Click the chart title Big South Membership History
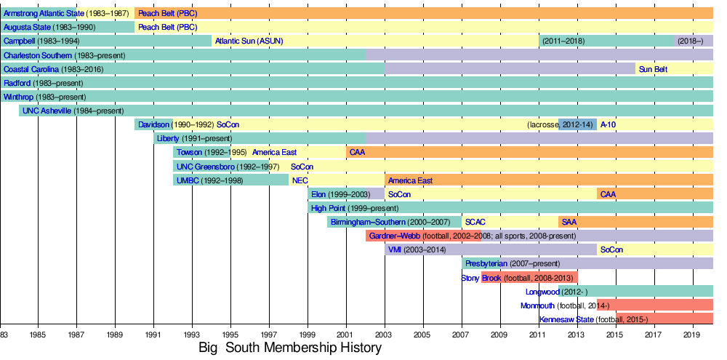pos(290,348)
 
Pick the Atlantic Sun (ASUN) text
pos(245,41)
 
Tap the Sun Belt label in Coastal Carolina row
pos(653,69)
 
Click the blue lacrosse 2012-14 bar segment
pos(577,124)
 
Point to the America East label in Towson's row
pos(275,152)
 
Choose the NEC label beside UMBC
pos(300,180)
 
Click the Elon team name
pos(318,194)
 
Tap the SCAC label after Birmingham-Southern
pos(475,222)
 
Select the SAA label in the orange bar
pos(569,222)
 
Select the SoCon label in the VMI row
pos(611,249)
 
